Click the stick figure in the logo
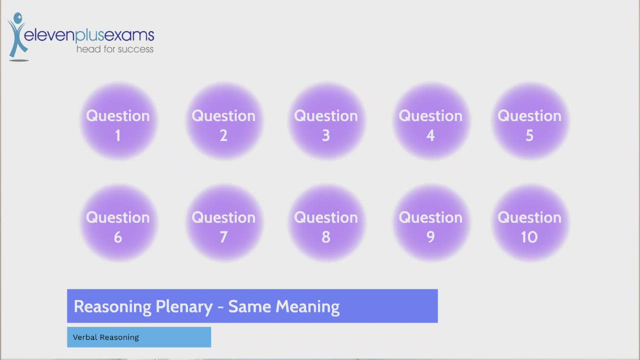click(17, 36)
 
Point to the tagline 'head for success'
click(114, 49)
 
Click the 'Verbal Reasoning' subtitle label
click(106, 337)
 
